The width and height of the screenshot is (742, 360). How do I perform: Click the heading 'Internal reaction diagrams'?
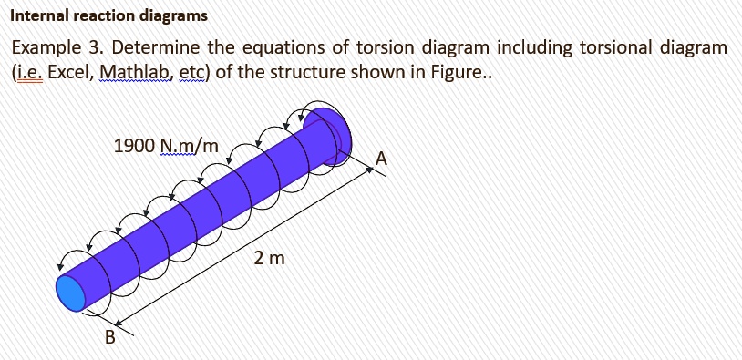point(109,17)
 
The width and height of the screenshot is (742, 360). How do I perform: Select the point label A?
point(382,159)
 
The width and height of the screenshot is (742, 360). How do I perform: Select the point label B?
point(109,337)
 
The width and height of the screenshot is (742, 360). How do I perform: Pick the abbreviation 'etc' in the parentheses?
point(192,72)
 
